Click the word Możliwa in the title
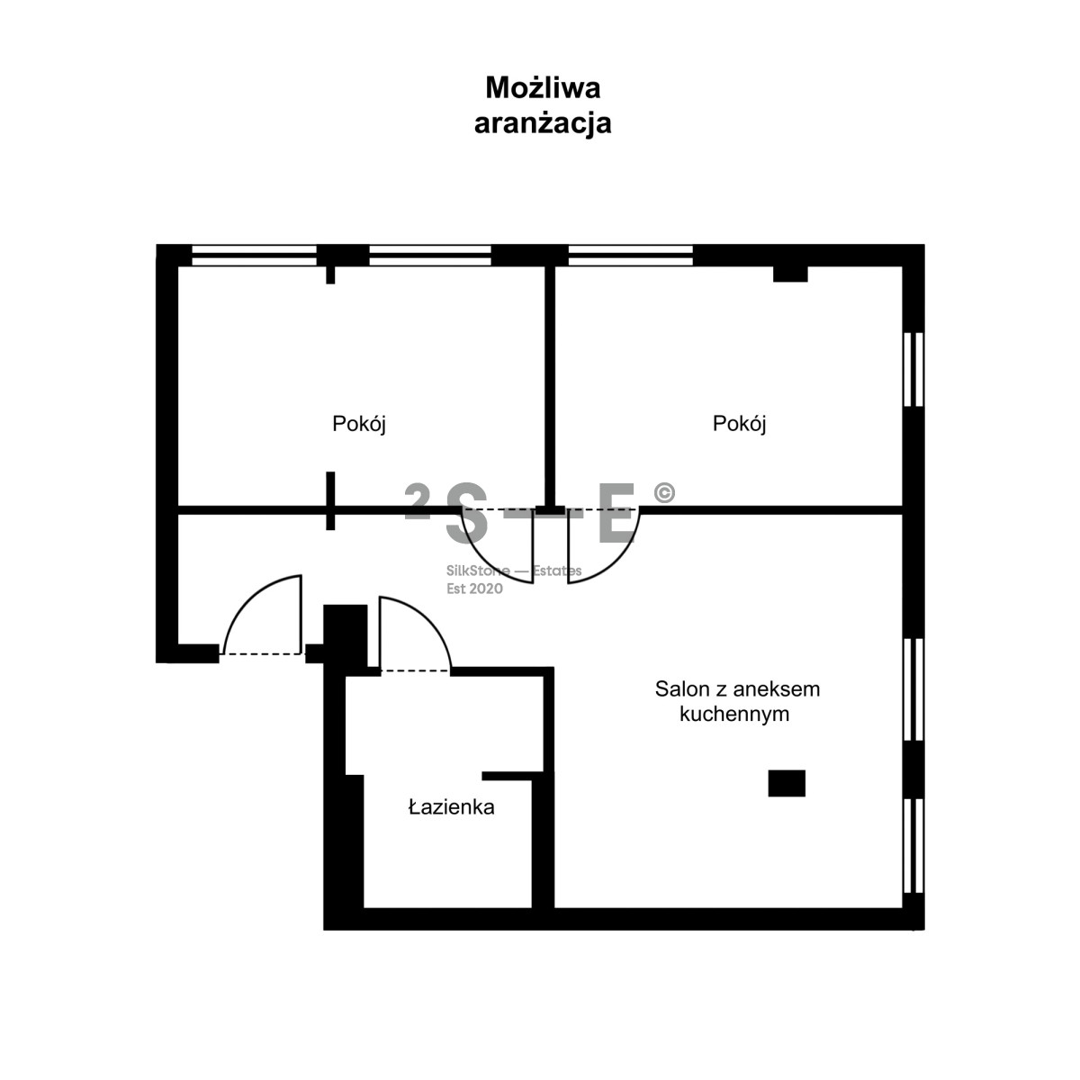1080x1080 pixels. pos(543,88)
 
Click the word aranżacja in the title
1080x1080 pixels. pos(543,123)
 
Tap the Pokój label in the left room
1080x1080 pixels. pos(359,424)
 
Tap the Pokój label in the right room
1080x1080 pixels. pos(739,424)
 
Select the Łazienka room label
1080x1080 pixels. pos(451,807)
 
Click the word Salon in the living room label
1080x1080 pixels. pos(682,689)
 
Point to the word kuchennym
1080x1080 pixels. pos(734,715)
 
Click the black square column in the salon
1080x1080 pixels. pos(787,783)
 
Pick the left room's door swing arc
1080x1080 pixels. pos(482,561)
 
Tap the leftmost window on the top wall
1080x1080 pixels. pos(254,255)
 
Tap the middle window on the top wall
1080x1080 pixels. pos(430,255)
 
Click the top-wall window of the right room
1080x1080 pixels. pos(631,255)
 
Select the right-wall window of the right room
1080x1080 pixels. pos(913,369)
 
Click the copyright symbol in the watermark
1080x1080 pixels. pos(664,492)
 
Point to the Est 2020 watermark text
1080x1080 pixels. pos(474,589)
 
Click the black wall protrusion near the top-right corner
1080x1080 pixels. pos(790,274)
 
